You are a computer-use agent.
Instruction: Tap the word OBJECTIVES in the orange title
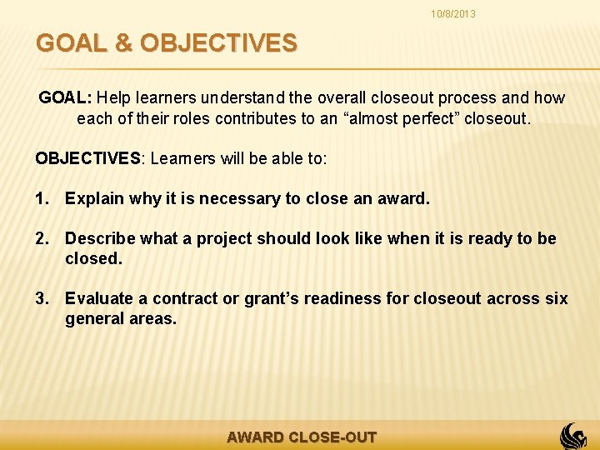click(x=218, y=43)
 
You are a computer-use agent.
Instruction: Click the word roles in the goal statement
click(x=188, y=118)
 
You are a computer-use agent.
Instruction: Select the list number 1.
click(x=42, y=198)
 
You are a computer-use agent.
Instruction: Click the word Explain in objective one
click(x=93, y=198)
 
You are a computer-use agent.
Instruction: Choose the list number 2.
click(x=42, y=238)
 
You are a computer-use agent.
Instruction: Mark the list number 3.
click(x=42, y=298)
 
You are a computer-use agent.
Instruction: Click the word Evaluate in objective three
click(x=99, y=298)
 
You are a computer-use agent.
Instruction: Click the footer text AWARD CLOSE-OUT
click(x=302, y=437)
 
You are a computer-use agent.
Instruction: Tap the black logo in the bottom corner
click(x=572, y=435)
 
